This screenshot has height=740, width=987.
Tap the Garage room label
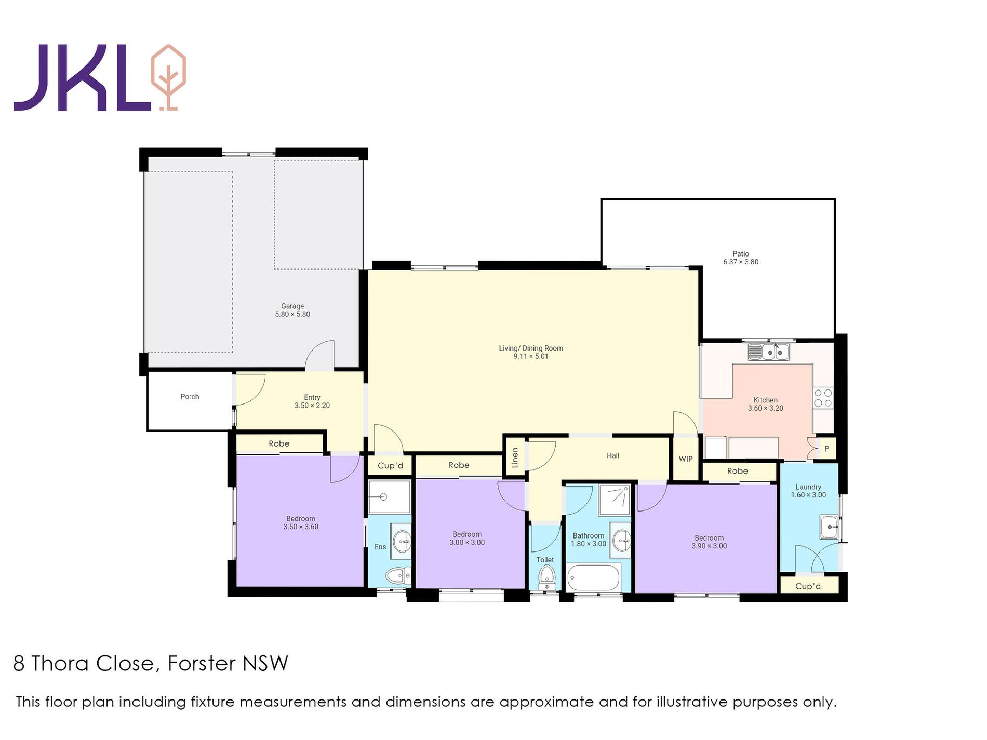[x=292, y=311]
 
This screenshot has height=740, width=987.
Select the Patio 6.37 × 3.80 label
[x=741, y=258]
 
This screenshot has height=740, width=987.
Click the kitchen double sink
[x=768, y=352]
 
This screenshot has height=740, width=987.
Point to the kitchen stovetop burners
[x=823, y=398]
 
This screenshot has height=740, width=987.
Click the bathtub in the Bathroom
[x=594, y=577]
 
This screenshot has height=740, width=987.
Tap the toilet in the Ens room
[x=398, y=575]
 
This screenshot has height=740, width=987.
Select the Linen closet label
[x=515, y=458]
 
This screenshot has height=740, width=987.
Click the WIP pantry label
[x=686, y=459]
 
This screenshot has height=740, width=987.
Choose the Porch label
[x=190, y=397]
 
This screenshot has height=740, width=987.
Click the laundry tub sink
[x=829, y=527]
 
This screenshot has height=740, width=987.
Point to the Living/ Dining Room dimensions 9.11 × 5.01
[x=531, y=356]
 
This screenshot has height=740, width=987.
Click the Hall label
[x=613, y=456]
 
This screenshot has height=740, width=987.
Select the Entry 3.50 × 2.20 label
[x=312, y=401]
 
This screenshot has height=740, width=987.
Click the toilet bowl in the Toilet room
[x=546, y=576]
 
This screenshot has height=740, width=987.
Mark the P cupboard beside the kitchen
[x=826, y=449]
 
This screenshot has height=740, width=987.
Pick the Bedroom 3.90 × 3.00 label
[x=709, y=542]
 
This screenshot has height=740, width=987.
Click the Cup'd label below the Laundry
[x=808, y=586]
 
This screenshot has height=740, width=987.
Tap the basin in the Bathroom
[x=622, y=541]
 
